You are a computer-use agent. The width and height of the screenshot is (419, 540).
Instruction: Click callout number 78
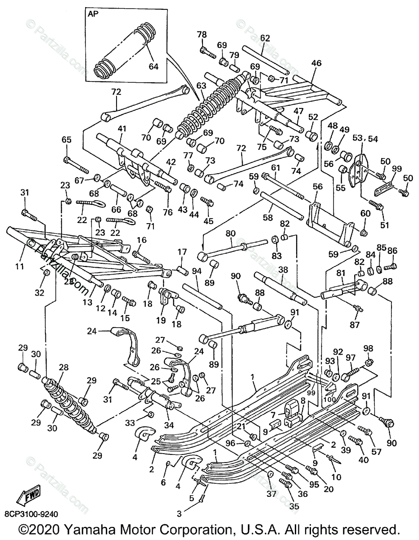pos(202,35)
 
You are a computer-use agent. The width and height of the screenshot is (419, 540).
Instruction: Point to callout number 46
pos(316,63)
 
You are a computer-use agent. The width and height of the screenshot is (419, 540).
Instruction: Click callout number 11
pos(19,266)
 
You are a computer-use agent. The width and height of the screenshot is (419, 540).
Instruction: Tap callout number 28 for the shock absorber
pos(63,368)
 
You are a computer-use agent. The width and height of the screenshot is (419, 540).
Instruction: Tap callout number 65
pos(67,140)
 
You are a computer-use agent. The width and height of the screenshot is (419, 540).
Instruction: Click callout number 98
pos(368,348)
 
